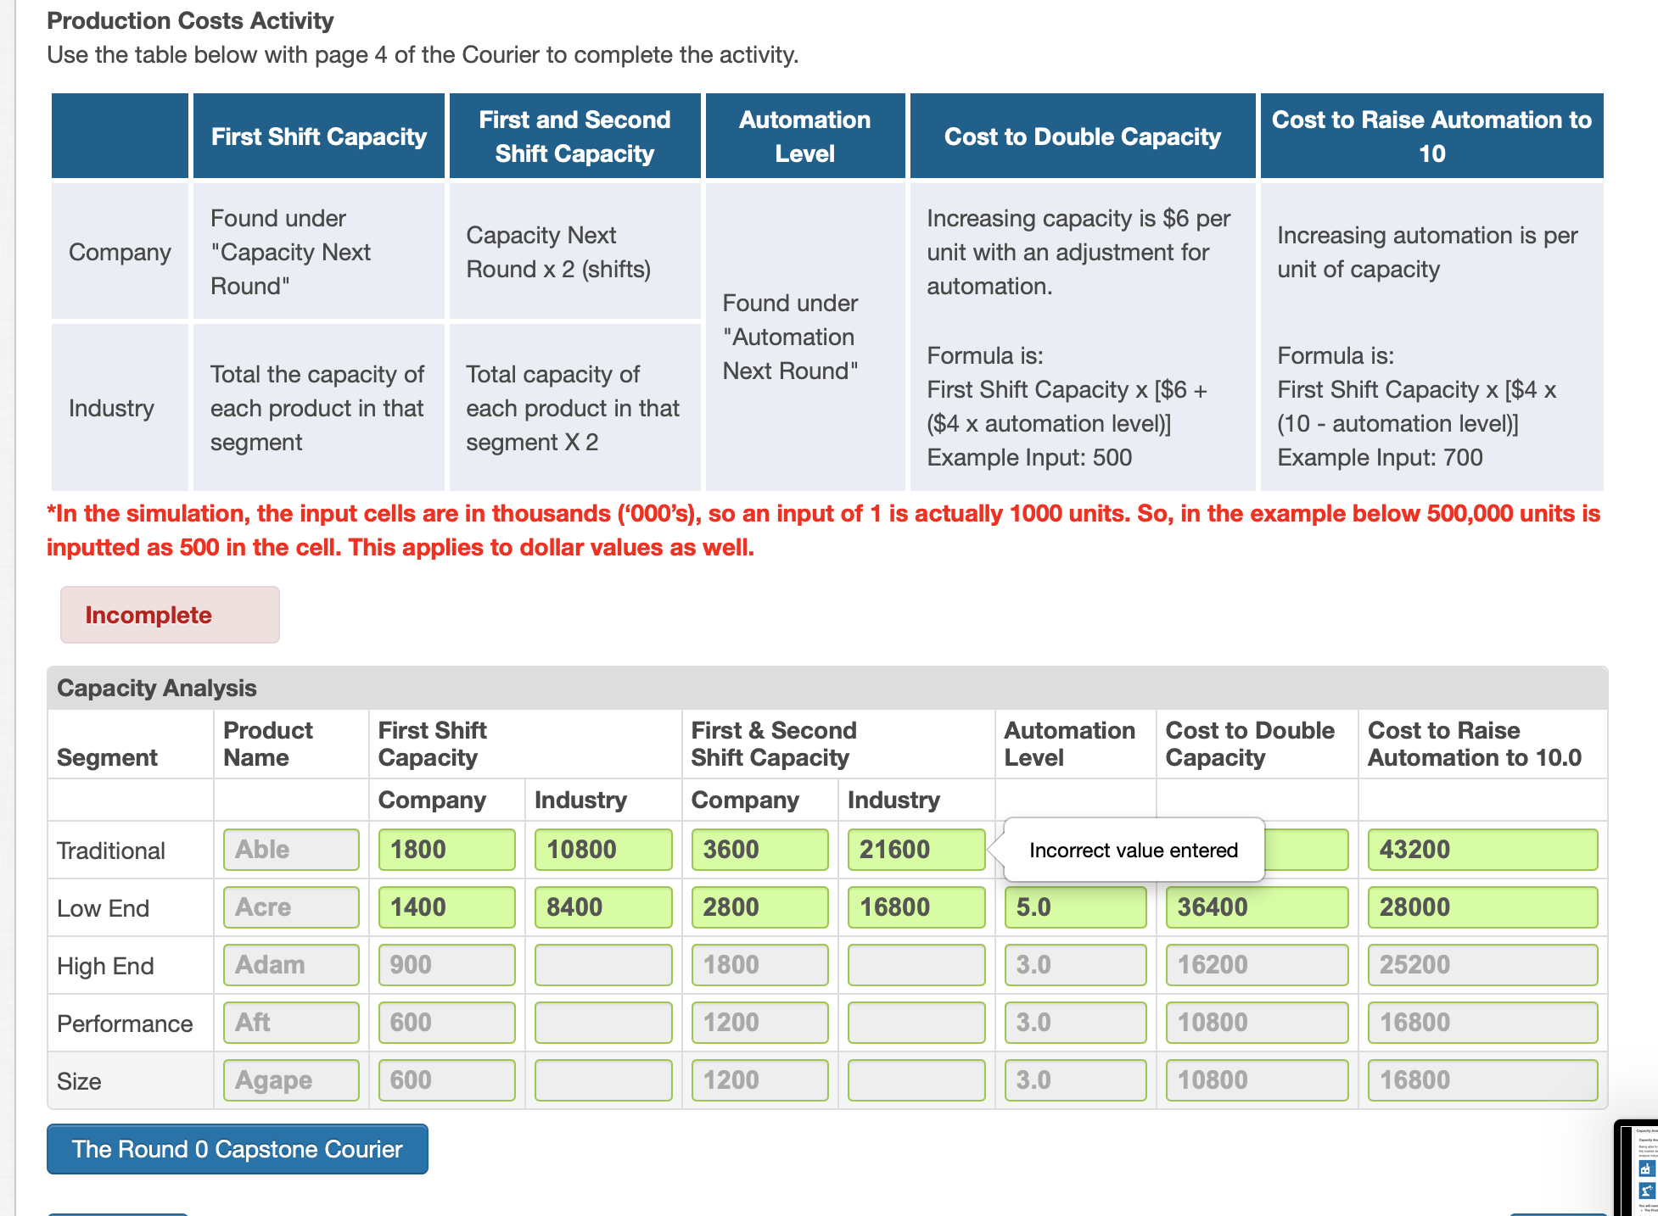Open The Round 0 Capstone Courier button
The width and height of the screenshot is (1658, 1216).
pyautogui.click(x=238, y=1149)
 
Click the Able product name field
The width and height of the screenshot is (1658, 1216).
pyautogui.click(x=291, y=850)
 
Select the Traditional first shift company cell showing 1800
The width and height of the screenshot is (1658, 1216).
pyautogui.click(x=446, y=850)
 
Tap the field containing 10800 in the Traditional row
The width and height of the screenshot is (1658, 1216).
pyautogui.click(x=602, y=850)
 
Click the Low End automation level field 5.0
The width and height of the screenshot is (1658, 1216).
pyautogui.click(x=1074, y=907)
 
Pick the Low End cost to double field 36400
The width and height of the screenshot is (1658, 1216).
pyautogui.click(x=1256, y=907)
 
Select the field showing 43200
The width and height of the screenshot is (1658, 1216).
pyautogui.click(x=1482, y=850)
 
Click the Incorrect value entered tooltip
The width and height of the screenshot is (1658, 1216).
pyautogui.click(x=1134, y=850)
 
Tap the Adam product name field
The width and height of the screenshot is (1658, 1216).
pyautogui.click(x=291, y=965)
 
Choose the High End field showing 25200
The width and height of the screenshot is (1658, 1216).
pyautogui.click(x=1482, y=965)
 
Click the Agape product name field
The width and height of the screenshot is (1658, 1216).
pyautogui.click(x=291, y=1080)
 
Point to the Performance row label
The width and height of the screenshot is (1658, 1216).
pyautogui.click(x=125, y=1024)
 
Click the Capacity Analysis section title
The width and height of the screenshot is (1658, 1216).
pyautogui.click(x=157, y=688)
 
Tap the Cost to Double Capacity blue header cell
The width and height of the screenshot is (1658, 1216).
pyautogui.click(x=1082, y=137)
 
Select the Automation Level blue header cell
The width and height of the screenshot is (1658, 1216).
pyautogui.click(x=804, y=137)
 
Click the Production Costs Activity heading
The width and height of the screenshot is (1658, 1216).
pyautogui.click(x=190, y=20)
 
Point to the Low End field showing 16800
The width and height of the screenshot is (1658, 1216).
pyautogui.click(x=916, y=907)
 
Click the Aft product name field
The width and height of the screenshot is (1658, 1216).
pyautogui.click(x=291, y=1023)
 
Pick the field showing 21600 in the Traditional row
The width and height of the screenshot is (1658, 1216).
pyautogui.click(x=916, y=850)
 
